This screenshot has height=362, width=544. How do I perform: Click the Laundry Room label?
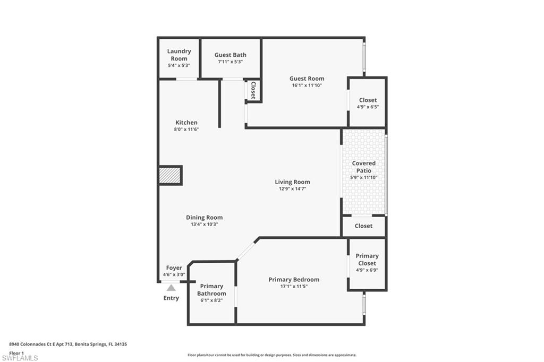point(179,55)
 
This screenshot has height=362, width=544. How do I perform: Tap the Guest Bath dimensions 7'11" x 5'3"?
point(230,62)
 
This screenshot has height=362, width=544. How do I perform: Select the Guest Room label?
point(307,79)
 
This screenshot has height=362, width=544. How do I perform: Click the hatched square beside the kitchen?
point(170,176)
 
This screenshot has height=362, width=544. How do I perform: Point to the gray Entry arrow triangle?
point(171,288)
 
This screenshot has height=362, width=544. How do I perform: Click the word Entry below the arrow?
point(171,298)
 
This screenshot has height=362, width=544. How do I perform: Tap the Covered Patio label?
point(364,167)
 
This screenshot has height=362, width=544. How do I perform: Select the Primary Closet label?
point(367,260)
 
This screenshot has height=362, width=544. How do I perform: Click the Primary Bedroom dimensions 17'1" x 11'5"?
point(294,286)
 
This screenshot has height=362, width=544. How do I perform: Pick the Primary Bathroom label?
point(211,290)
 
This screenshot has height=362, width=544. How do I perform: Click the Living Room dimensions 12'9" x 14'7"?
point(292,188)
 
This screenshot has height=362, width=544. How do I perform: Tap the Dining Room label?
point(204,217)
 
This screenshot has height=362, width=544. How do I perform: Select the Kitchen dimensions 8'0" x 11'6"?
point(186,130)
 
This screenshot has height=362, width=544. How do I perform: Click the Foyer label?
point(174,268)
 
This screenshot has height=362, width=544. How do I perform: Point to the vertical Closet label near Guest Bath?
point(253,90)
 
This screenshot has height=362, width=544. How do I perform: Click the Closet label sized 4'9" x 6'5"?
point(368,100)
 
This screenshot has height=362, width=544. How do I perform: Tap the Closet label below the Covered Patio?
point(363,226)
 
